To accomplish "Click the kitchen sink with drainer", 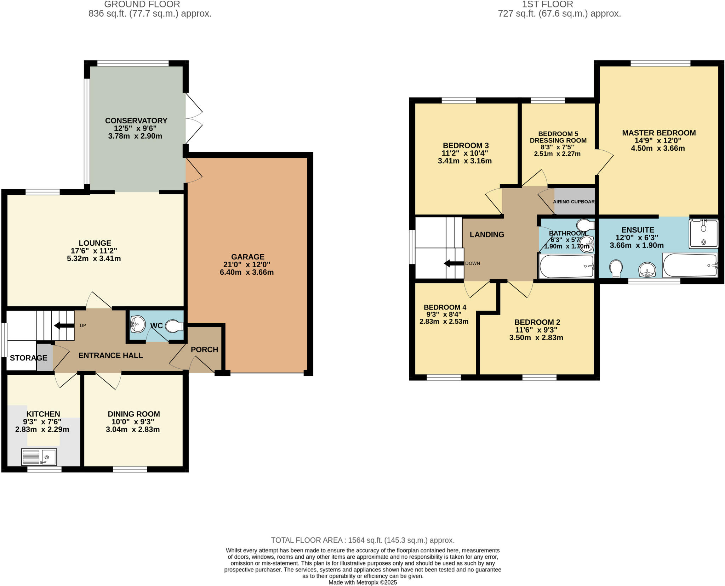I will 39,457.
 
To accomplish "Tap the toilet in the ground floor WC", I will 175,326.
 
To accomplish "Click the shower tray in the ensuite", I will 703,234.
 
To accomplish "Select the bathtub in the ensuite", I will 690,265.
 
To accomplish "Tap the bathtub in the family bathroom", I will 566,266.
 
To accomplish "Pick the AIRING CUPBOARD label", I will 573,202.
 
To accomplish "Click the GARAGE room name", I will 248,257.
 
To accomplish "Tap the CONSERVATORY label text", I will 136,121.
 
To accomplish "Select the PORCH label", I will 204,350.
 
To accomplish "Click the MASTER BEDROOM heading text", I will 659,133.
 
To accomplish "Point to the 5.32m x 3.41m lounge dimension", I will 94,259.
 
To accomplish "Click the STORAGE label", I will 28,358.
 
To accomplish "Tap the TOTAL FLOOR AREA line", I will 362,540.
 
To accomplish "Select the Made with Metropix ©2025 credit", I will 362,582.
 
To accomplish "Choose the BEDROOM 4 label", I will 445,307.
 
